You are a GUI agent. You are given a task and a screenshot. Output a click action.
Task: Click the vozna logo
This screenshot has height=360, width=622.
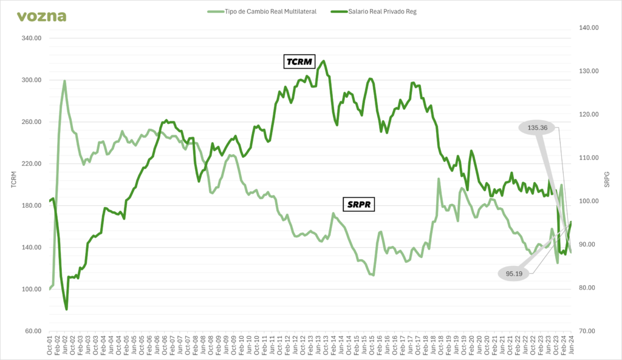[41, 16]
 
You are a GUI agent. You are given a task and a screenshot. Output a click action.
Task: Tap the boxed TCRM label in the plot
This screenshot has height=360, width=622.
[298, 62]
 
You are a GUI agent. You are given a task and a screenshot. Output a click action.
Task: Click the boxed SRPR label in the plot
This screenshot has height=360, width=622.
[358, 205]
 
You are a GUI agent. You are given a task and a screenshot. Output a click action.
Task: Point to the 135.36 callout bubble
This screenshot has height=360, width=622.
[538, 128]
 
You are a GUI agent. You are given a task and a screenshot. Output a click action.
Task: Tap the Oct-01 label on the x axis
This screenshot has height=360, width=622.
[50, 346]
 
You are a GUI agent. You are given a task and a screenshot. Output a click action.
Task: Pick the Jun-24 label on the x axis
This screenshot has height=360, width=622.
[571, 346]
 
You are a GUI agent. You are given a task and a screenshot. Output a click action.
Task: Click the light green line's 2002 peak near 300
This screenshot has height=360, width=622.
[64, 81]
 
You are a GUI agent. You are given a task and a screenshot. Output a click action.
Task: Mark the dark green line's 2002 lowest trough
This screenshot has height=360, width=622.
[66, 310]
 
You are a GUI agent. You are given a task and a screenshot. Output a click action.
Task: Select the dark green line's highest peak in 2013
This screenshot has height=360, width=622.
[324, 61]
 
